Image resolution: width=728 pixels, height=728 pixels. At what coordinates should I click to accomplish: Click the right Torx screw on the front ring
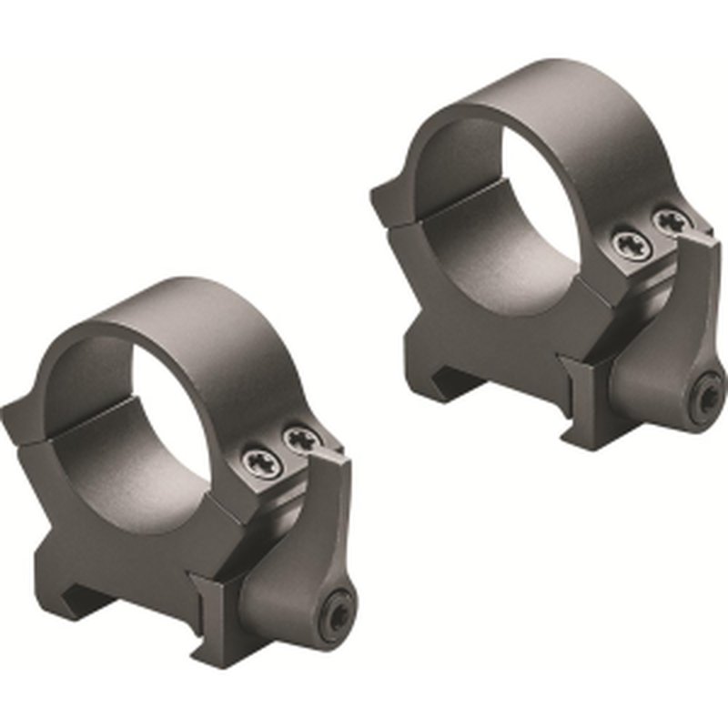click(x=297, y=441)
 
